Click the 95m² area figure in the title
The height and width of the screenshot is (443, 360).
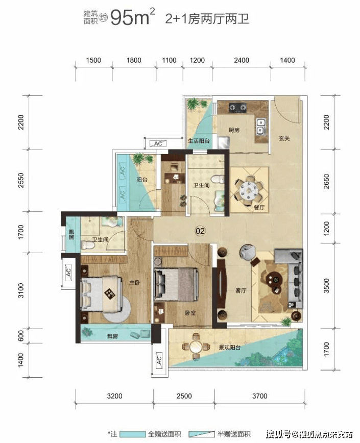coord(132,17)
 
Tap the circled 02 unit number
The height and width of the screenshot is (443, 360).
coord(200,231)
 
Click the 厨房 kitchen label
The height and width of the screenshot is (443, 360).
coord(234,130)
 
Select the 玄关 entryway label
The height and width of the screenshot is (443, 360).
coord(284,138)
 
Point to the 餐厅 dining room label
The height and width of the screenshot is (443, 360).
coord(259,208)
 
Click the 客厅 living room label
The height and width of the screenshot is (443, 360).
coord(241,290)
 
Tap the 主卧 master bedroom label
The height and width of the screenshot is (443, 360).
coord(134,282)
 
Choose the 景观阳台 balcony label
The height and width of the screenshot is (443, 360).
coord(229,347)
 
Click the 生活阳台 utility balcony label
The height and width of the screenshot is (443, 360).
coord(199,140)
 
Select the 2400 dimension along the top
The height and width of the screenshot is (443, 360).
coord(242,60)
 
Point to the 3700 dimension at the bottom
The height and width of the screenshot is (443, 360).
coord(260,396)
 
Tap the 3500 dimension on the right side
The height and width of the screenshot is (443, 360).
coord(326,286)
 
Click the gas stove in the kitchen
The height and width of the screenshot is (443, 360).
coord(237,107)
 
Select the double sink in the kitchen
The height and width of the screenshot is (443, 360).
coord(260,126)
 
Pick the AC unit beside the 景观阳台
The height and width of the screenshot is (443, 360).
coord(159,360)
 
